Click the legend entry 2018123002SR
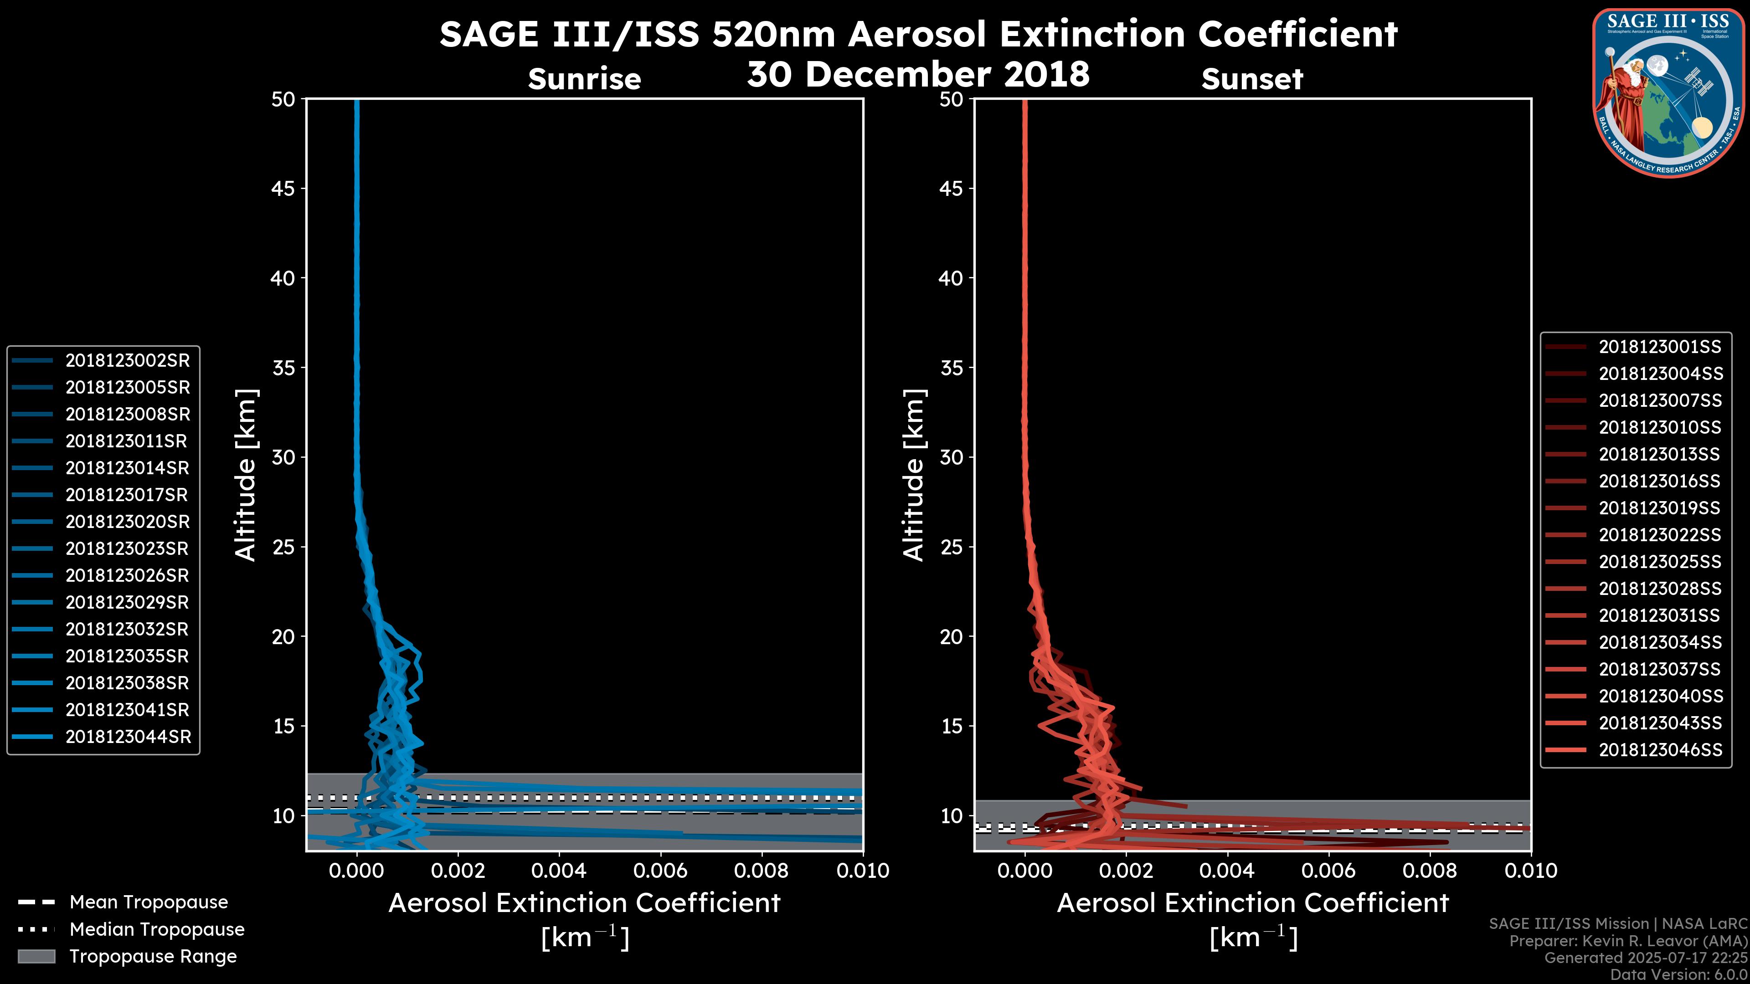click(x=127, y=361)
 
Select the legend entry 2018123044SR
click(x=128, y=737)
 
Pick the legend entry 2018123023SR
click(x=127, y=548)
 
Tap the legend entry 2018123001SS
click(x=1660, y=347)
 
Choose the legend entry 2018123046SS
click(x=1660, y=750)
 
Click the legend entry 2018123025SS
click(x=1660, y=562)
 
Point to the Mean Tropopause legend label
click(x=148, y=902)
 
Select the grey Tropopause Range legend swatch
click(x=36, y=956)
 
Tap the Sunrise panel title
click(x=584, y=79)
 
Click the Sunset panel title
click(x=1252, y=79)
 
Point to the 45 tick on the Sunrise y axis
click(x=283, y=188)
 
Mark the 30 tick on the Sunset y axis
click(x=951, y=457)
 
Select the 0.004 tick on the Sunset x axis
click(x=1228, y=871)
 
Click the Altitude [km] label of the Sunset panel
click(x=914, y=475)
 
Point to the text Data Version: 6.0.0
click(x=1679, y=974)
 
